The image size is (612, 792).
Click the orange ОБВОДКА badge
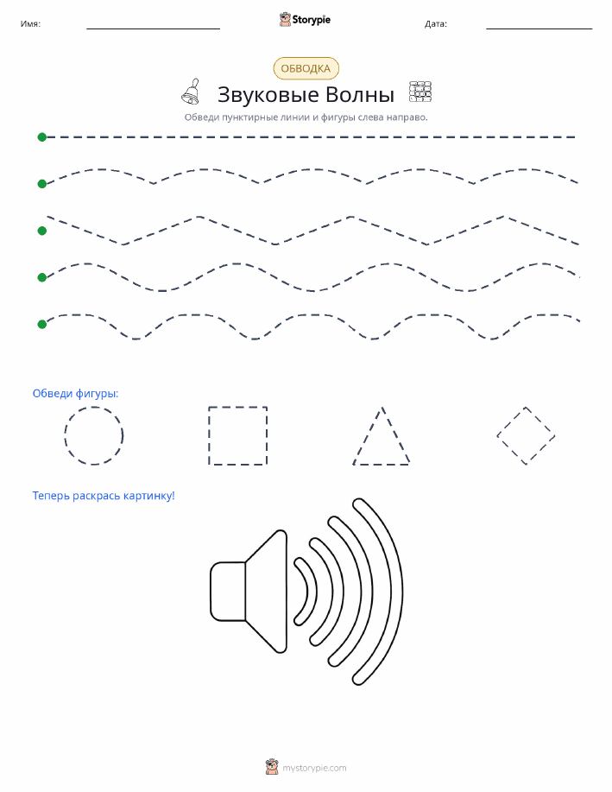[x=306, y=69]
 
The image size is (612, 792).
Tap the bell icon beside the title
[x=192, y=92]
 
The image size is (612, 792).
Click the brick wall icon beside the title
[x=420, y=92]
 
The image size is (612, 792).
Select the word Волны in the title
[x=360, y=94]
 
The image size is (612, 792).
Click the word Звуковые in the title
[x=268, y=95]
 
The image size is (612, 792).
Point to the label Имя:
[x=30, y=23]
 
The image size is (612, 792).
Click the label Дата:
[x=436, y=23]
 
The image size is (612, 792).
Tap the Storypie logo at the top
[x=305, y=20]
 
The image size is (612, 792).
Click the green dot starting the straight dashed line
[x=42, y=136]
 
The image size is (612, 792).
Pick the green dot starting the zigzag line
[x=42, y=231]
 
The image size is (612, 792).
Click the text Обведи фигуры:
[x=75, y=394]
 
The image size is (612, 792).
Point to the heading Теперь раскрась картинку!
[x=104, y=496]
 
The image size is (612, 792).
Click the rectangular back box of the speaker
[x=228, y=591]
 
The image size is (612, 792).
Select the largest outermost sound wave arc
[x=402, y=591]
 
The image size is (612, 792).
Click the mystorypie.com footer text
[x=314, y=768]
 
